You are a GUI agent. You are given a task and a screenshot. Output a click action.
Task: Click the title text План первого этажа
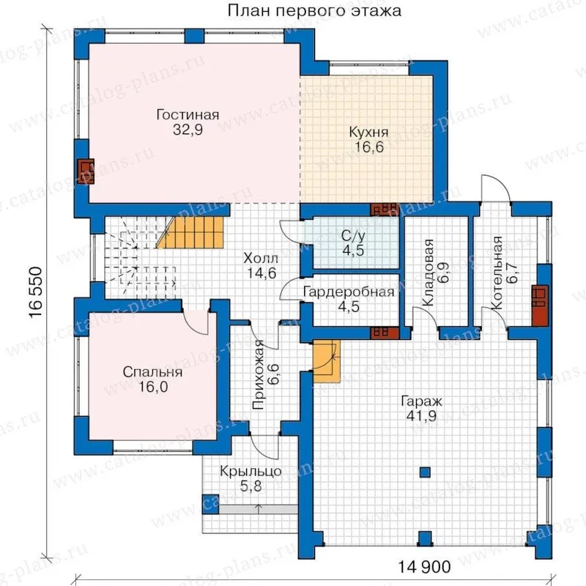pos(314,10)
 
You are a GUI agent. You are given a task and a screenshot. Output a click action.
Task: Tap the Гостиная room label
pos(188,115)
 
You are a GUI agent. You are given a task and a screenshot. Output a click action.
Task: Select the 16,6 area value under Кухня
pos(370,147)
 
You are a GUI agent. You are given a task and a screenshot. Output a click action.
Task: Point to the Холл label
pos(261,258)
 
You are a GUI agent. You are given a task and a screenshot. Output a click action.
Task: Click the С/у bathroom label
pos(353,236)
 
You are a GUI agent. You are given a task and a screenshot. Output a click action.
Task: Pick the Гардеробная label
pos(349,292)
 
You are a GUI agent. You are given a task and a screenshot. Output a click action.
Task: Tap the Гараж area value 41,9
pos(422,415)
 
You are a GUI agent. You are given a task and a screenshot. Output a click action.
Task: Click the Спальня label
pos(152,372)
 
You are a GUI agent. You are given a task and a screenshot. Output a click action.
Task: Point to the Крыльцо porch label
pos(251,471)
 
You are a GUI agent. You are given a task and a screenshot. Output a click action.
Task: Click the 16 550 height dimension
pos(36,292)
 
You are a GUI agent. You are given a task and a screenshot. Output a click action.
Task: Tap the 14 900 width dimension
pos(424,567)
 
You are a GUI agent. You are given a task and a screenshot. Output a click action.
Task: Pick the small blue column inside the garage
pos(425,472)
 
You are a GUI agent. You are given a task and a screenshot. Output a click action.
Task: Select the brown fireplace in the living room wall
pos(86,171)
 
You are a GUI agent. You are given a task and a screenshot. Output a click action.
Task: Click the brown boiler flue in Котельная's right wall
pos(540,306)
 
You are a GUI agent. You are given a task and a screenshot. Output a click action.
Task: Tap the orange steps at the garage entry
pos(327,361)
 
